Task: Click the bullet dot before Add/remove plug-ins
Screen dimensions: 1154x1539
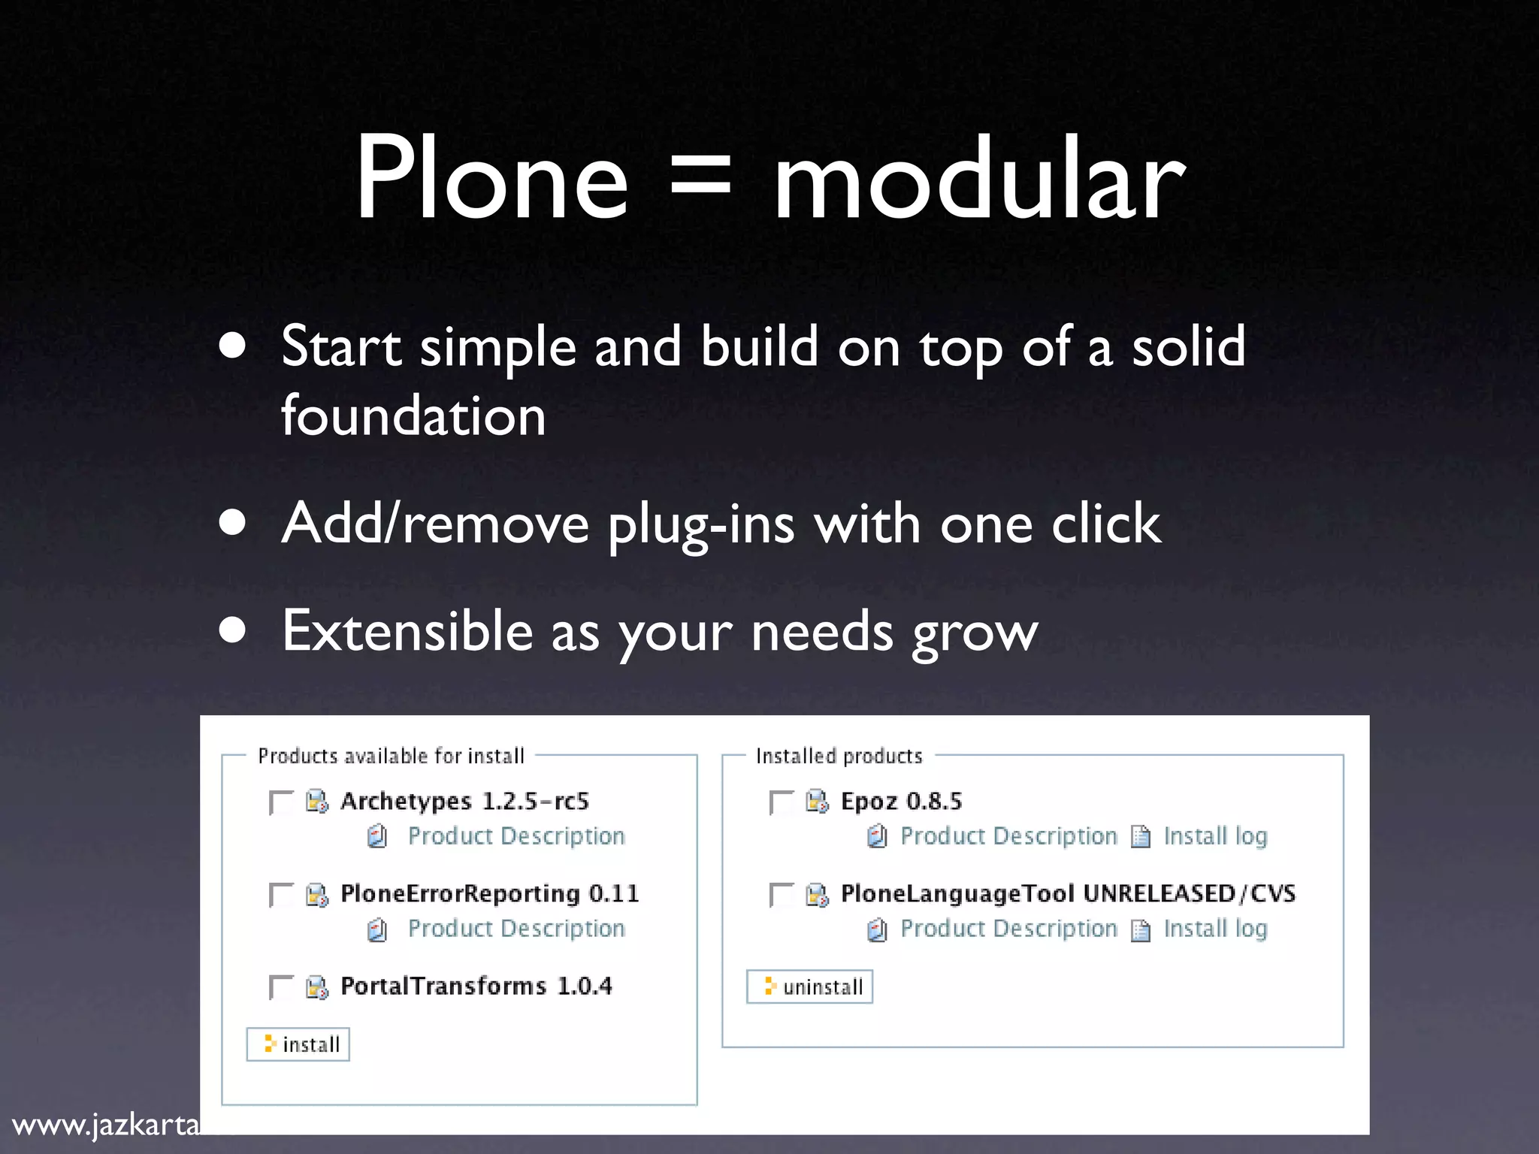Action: [x=233, y=523]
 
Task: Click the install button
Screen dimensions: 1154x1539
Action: [x=298, y=1044]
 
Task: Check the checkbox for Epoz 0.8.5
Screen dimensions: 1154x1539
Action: [x=782, y=802]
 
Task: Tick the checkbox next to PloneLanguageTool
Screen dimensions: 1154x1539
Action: [x=782, y=895]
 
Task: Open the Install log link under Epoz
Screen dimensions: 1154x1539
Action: [x=1215, y=836]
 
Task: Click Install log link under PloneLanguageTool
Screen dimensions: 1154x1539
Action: [x=1215, y=929]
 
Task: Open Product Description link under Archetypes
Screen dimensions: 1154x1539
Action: [x=516, y=836]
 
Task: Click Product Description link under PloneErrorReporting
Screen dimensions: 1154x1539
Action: [x=516, y=929]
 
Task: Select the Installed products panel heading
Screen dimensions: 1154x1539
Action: [x=839, y=756]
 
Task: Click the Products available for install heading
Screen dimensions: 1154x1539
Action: [x=391, y=756]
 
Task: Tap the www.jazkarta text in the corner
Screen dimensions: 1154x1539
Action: [x=106, y=1125]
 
